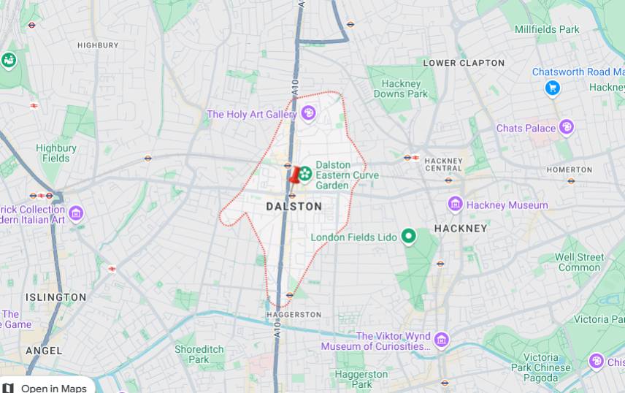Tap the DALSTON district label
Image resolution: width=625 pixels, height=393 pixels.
294,207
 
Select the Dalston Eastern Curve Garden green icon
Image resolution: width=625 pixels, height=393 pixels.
306,173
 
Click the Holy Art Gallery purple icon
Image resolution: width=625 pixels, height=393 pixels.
308,113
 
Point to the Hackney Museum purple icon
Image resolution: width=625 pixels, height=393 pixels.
456,205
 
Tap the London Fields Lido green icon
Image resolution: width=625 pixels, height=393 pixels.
408,237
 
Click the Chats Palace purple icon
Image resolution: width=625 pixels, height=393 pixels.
566,128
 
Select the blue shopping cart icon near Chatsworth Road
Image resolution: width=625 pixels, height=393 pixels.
553,88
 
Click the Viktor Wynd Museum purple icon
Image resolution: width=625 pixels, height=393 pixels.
441,340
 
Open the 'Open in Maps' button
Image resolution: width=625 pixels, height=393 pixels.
47,386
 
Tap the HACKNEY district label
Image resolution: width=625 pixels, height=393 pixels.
460,228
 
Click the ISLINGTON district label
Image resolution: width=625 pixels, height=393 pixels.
56,297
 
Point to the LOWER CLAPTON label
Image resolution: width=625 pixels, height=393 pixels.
464,63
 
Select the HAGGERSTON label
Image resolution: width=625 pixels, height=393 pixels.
294,314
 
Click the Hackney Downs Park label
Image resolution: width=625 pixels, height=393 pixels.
401,88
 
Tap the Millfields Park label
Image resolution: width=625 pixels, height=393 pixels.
547,29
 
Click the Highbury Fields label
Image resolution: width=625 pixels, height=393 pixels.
56,153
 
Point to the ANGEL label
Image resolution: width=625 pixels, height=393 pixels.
44,351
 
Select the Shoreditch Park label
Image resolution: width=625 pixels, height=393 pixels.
199,354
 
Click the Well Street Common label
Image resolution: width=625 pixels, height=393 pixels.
579,262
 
